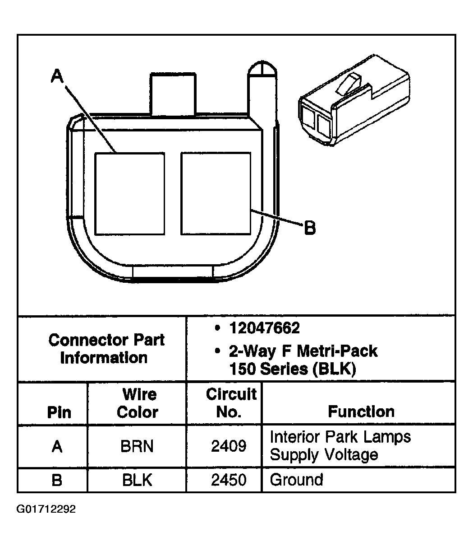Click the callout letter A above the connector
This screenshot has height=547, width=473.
click(x=57, y=76)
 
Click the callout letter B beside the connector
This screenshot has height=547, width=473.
click(x=310, y=228)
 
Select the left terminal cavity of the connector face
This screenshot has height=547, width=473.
click(x=129, y=193)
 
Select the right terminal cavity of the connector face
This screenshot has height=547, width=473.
click(x=216, y=193)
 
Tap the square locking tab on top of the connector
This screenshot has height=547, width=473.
click(x=173, y=94)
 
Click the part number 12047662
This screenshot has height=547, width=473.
click(x=264, y=328)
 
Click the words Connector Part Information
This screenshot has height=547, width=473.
click(x=106, y=349)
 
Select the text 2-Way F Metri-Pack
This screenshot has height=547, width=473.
click(x=303, y=351)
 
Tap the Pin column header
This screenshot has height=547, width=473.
click(x=59, y=412)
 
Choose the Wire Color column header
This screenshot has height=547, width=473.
click(x=138, y=403)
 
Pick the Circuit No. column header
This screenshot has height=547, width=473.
click(x=231, y=403)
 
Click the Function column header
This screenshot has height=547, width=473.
click(x=361, y=411)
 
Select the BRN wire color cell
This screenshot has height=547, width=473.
click(x=137, y=446)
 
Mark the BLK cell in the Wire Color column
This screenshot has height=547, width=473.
click(x=137, y=480)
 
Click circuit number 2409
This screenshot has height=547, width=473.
click(x=229, y=446)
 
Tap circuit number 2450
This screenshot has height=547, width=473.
click(x=229, y=480)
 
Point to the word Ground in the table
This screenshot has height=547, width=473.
click(x=296, y=480)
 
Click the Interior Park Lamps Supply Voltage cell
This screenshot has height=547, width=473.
click(x=340, y=446)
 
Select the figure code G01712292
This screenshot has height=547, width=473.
click(x=46, y=510)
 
